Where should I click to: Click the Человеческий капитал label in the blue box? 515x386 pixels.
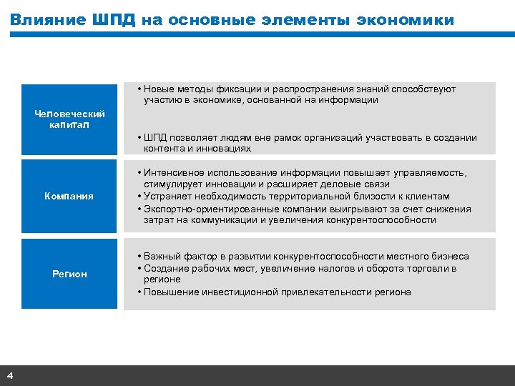pyautogui.click(x=69, y=119)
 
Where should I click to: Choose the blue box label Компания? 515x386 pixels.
pyautogui.click(x=69, y=196)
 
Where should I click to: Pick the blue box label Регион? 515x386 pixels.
pyautogui.click(x=69, y=274)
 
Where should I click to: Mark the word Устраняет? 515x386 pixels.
pyautogui.click(x=166, y=197)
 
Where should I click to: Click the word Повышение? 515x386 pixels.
pyautogui.click(x=172, y=292)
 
